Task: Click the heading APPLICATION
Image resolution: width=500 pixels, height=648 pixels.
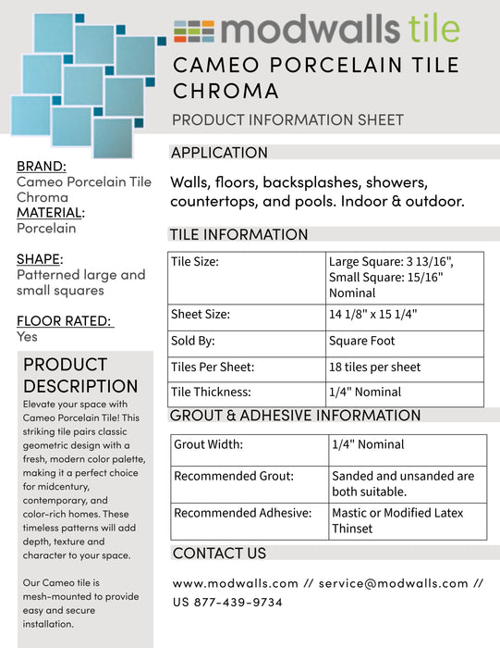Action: (x=219, y=153)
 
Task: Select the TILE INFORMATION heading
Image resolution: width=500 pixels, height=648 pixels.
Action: (x=238, y=234)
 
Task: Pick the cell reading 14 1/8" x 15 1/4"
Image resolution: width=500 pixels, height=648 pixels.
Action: (x=372, y=315)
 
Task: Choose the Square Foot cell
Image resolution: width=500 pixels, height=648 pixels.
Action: (x=361, y=341)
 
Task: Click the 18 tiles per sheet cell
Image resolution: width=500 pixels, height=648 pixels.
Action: (x=374, y=368)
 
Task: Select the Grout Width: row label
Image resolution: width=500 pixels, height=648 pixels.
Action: (x=208, y=445)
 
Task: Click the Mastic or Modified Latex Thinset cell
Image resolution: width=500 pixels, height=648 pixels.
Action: (x=397, y=520)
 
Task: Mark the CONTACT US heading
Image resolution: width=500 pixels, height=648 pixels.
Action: (x=219, y=554)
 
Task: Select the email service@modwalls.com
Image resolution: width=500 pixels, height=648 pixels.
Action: (x=394, y=584)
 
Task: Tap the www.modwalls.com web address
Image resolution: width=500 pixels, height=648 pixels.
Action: (x=235, y=584)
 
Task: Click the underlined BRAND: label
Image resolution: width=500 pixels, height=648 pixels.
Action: (x=42, y=167)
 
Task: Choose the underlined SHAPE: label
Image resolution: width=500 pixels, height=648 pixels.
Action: (x=39, y=259)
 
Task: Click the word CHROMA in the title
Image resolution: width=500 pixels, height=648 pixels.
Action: (x=226, y=91)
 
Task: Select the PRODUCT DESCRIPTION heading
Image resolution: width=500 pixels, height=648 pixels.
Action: (x=80, y=375)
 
